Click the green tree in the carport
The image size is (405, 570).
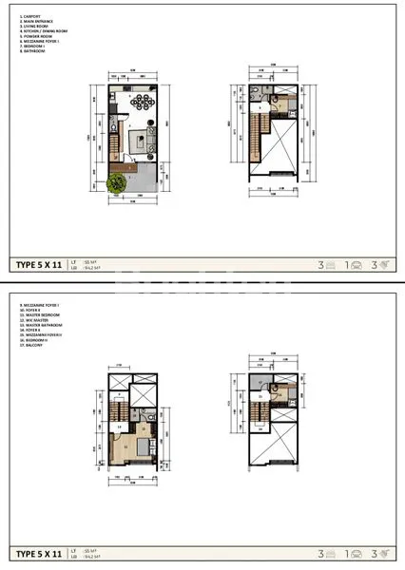117,187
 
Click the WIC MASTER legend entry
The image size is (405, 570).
36,320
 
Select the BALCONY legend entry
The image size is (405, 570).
33,348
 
